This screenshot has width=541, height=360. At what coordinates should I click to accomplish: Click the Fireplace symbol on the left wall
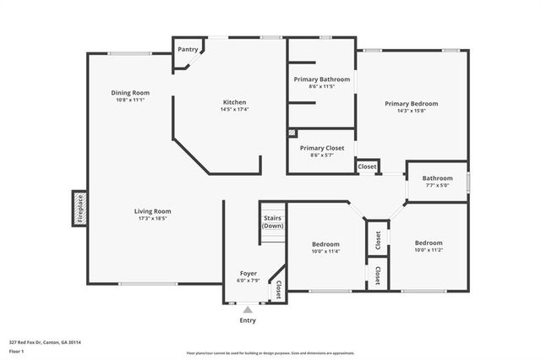pos(79,208)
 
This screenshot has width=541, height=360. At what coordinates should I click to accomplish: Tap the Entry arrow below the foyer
pos(248,310)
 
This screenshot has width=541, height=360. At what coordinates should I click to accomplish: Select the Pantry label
pos(187,50)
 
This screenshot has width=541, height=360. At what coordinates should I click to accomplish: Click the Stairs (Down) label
pos(272,222)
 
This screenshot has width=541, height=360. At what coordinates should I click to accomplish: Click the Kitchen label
pos(234,101)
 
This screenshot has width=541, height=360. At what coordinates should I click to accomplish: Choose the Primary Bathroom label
pos(320,79)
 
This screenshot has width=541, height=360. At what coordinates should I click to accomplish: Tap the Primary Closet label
pos(321,147)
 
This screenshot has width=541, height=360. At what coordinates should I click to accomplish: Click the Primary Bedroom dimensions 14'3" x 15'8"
pos(411,111)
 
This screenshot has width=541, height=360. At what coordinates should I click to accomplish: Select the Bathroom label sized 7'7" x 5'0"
pos(437,178)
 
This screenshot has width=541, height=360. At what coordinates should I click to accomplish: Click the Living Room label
pos(152,210)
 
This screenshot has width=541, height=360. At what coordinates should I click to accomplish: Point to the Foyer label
pos(248,273)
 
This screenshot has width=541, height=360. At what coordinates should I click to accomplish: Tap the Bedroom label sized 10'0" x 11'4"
pos(325,243)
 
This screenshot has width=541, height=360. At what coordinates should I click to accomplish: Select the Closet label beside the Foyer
pos(278,290)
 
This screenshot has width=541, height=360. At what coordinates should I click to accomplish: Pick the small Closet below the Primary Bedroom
pos(367,166)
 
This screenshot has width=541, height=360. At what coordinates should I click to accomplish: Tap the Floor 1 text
pos(17,350)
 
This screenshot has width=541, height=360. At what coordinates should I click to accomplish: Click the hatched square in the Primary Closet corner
pos(292,134)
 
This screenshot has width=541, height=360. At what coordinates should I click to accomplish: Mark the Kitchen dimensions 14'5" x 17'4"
pos(234,108)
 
